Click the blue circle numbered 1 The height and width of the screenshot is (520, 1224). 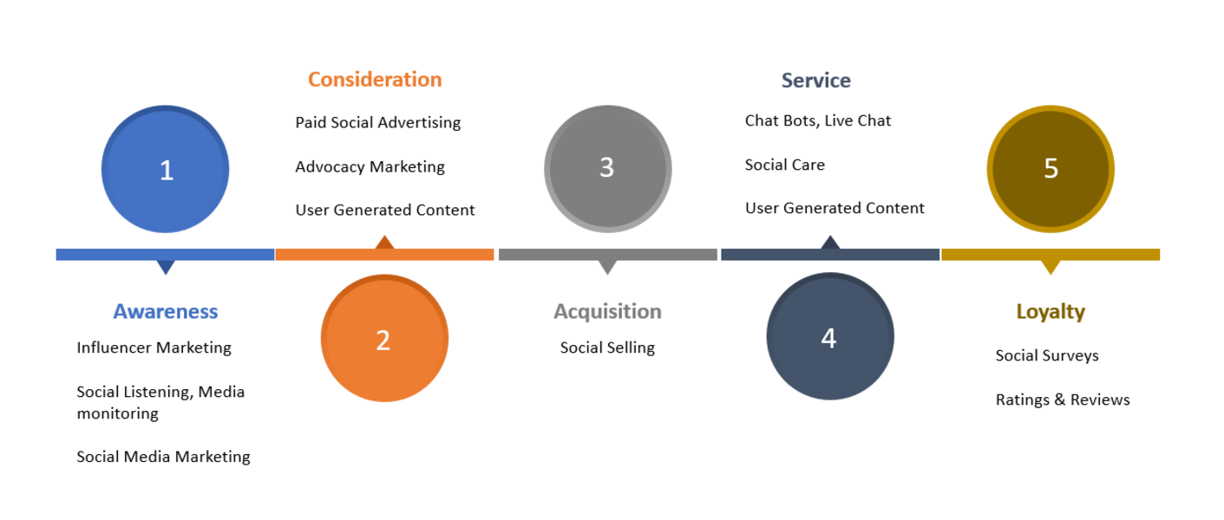(165, 169)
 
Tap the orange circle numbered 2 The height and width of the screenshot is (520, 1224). (384, 338)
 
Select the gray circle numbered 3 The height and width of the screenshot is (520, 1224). (607, 169)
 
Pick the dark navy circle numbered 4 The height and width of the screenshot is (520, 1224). (830, 336)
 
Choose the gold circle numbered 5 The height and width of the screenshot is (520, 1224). (1051, 169)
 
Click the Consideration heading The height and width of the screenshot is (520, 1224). (375, 80)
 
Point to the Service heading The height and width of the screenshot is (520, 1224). (815, 81)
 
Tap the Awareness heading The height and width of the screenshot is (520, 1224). (166, 311)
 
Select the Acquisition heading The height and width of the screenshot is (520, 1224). (607, 311)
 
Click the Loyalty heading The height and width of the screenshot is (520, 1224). (1051, 312)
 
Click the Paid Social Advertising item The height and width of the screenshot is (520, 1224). (378, 123)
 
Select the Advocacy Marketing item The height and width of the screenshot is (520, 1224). (370, 167)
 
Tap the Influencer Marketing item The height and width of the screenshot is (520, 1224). (154, 348)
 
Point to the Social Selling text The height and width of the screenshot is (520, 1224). (607, 348)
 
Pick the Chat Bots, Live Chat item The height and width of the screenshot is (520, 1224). (818, 120)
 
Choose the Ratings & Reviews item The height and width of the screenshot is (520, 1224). (1063, 400)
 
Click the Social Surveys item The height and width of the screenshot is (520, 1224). (1047, 355)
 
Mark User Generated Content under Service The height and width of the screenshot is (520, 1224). (835, 208)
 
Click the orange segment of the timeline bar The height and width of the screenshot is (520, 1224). (384, 254)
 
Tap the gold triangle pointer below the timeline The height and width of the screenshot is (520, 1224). (1051, 266)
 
